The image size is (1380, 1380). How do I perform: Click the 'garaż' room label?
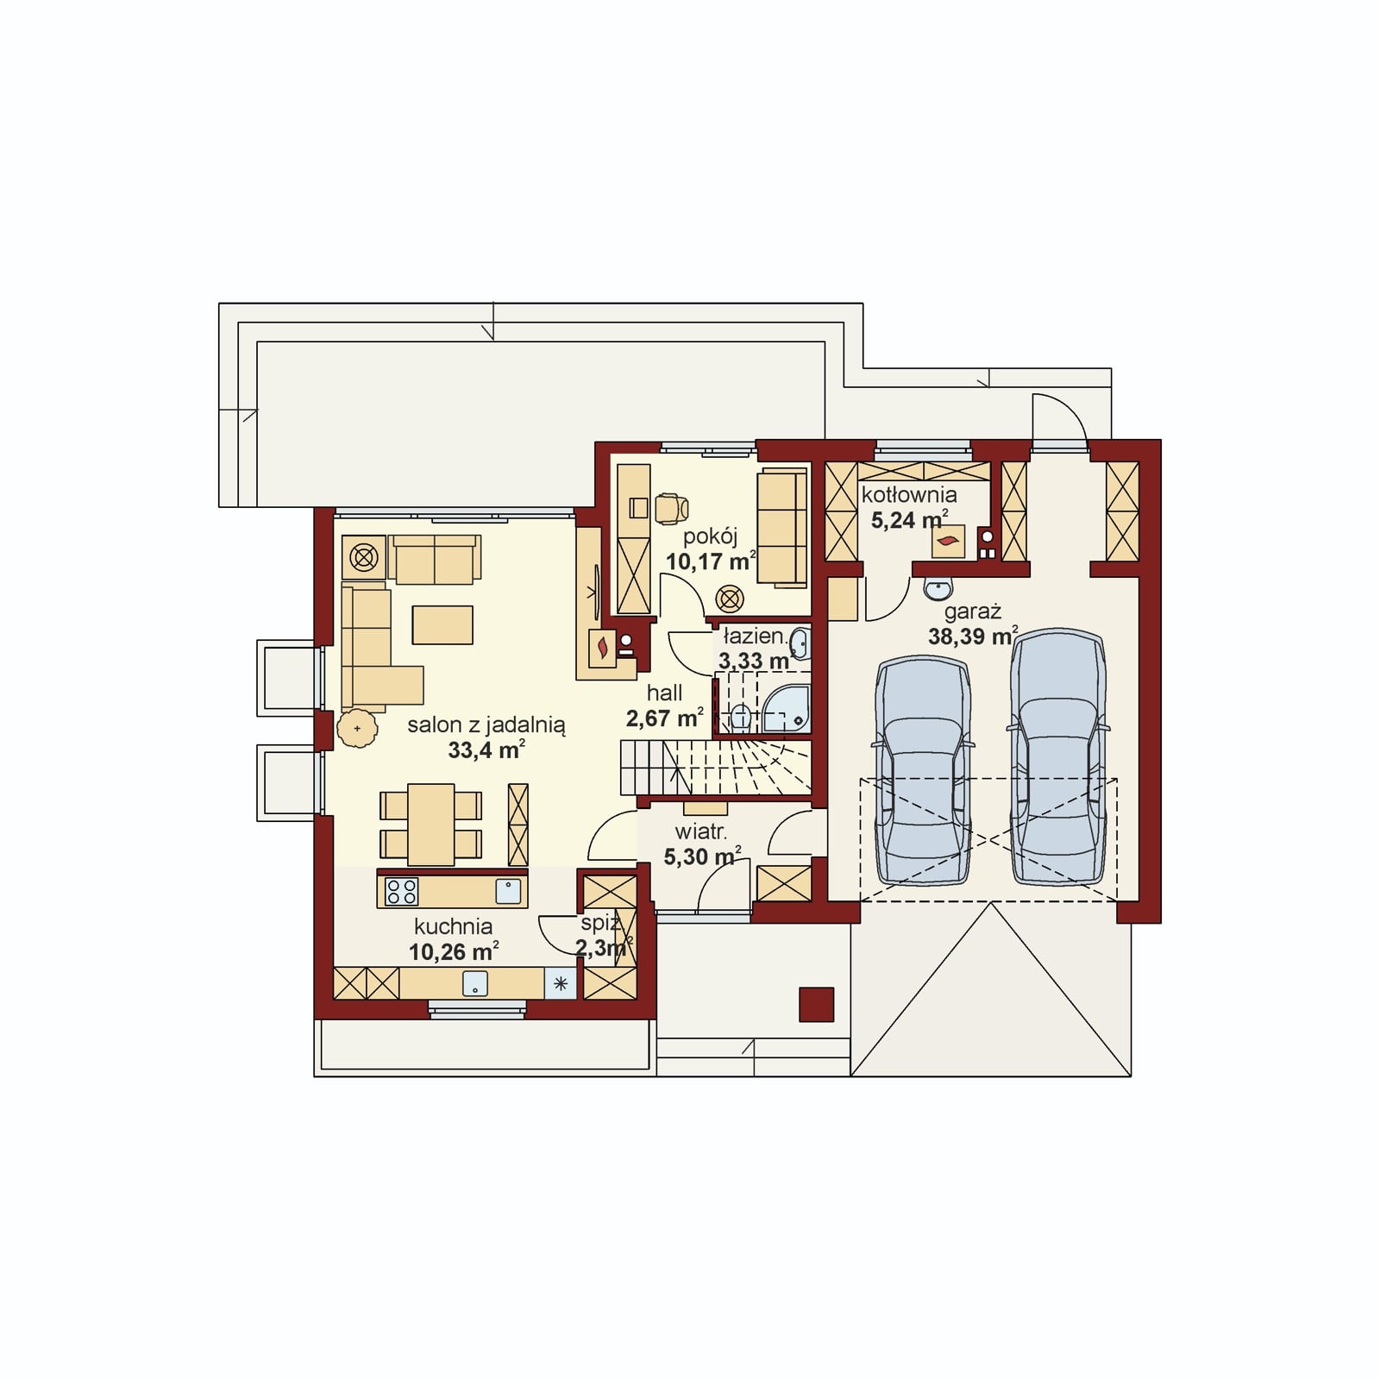(x=972, y=612)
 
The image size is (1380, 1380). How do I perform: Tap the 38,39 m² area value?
(x=973, y=637)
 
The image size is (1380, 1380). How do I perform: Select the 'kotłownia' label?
(x=909, y=494)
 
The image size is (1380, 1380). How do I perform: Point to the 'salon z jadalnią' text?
(x=486, y=725)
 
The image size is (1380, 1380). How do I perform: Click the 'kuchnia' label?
(x=454, y=926)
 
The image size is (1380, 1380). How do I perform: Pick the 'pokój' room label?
(x=710, y=536)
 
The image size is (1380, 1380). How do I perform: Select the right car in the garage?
(x=1057, y=756)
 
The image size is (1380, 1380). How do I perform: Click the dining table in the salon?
(x=431, y=824)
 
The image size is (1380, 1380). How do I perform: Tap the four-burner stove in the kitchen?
(x=402, y=891)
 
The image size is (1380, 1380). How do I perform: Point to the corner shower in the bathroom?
(x=786, y=709)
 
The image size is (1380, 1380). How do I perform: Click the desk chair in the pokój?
(x=671, y=509)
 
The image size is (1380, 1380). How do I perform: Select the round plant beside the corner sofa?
(x=357, y=729)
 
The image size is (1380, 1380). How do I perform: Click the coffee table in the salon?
(x=442, y=624)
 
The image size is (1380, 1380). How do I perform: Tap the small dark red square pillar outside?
(x=816, y=1005)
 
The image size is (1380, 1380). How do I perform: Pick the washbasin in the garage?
(x=937, y=588)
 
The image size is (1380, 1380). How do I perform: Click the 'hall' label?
(x=664, y=693)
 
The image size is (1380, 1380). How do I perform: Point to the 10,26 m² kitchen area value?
(x=454, y=951)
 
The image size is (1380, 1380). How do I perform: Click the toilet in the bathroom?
(x=740, y=715)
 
